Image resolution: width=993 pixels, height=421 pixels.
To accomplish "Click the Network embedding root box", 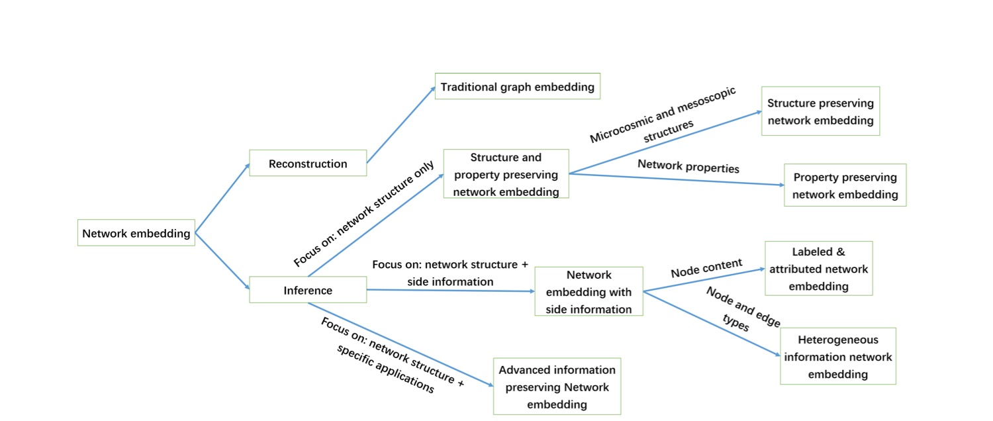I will pyautogui.click(x=136, y=233).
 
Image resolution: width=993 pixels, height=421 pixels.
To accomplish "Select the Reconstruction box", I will pyautogui.click(x=308, y=164).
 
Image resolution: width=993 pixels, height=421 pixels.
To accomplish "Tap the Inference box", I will pyautogui.click(x=308, y=290).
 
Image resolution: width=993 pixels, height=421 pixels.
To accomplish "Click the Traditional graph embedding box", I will pyautogui.click(x=517, y=87).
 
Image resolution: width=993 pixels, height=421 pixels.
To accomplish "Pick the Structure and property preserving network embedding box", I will pyautogui.click(x=506, y=174).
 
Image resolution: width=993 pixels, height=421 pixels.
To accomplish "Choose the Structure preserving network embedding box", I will pyautogui.click(x=820, y=111).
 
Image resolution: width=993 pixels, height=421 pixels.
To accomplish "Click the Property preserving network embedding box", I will pyautogui.click(x=845, y=185).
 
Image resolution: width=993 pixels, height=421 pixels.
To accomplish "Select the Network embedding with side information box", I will pyautogui.click(x=589, y=291).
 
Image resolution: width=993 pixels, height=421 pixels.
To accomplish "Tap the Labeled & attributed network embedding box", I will pyautogui.click(x=818, y=269).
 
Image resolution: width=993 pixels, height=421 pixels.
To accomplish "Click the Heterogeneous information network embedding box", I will pyautogui.click(x=837, y=356).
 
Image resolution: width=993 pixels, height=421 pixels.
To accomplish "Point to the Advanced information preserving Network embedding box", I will pyautogui.click(x=557, y=387).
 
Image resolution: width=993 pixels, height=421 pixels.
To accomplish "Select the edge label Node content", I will pyautogui.click(x=706, y=268).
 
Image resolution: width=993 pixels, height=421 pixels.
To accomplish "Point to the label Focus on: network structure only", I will pyautogui.click(x=364, y=214).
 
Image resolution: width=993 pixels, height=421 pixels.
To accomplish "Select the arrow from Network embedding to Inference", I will pyautogui.click(x=222, y=261).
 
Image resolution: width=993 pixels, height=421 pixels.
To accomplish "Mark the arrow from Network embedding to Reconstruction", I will pyautogui.click(x=222, y=199).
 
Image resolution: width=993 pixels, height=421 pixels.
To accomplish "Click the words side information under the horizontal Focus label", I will pyautogui.click(x=432, y=282).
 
